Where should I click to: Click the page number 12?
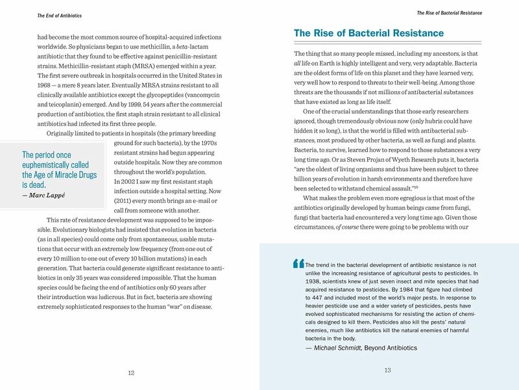point(131,372)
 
